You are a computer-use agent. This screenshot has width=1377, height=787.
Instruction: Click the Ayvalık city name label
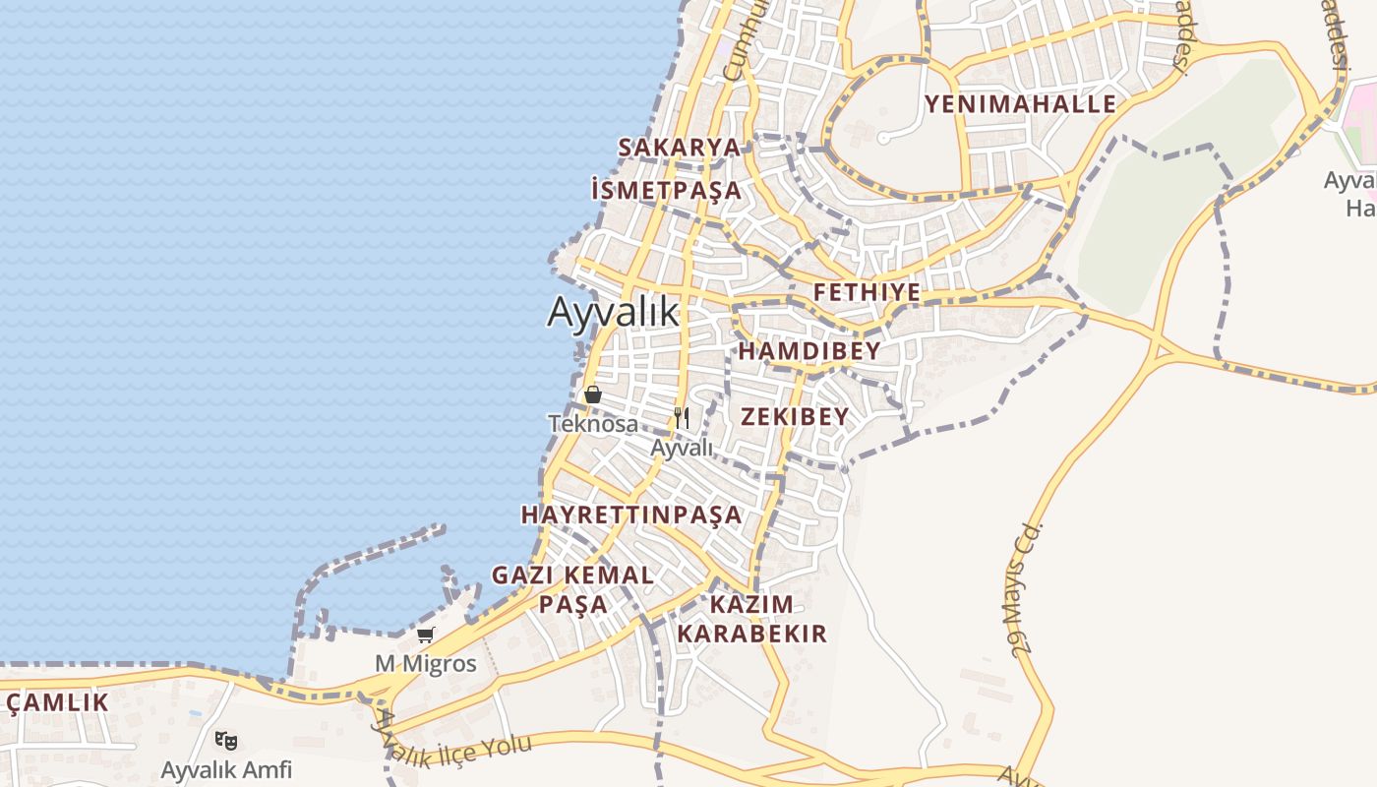click(x=613, y=312)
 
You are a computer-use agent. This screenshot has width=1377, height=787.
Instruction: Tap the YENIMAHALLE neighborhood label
click(x=1020, y=104)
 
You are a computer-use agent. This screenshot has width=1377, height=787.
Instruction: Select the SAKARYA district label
click(x=679, y=148)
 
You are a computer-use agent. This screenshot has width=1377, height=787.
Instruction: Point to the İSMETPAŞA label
click(x=667, y=190)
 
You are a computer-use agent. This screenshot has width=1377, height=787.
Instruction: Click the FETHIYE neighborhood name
click(x=867, y=292)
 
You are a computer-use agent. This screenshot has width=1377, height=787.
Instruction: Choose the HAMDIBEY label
click(x=808, y=351)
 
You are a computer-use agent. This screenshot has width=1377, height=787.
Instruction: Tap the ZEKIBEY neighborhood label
click(x=794, y=416)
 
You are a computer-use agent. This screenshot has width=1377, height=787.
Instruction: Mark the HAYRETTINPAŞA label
click(x=630, y=515)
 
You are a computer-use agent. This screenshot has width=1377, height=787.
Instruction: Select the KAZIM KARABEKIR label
click(x=751, y=618)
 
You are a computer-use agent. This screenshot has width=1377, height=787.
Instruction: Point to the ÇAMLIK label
click(x=57, y=702)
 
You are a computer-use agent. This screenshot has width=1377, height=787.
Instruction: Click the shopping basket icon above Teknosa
click(x=593, y=394)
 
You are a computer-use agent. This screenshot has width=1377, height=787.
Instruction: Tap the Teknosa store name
click(x=592, y=424)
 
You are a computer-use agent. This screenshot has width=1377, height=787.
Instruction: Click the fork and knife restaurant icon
click(x=682, y=419)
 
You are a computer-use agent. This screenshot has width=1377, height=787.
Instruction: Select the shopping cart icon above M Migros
click(x=426, y=635)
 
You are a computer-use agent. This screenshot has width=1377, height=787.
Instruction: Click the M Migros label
click(x=426, y=664)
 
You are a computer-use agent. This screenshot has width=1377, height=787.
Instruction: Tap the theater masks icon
click(x=226, y=740)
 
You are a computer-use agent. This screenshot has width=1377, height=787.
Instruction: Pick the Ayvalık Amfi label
click(x=226, y=769)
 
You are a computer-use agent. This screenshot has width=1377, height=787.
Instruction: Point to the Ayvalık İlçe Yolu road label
click(x=452, y=750)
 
